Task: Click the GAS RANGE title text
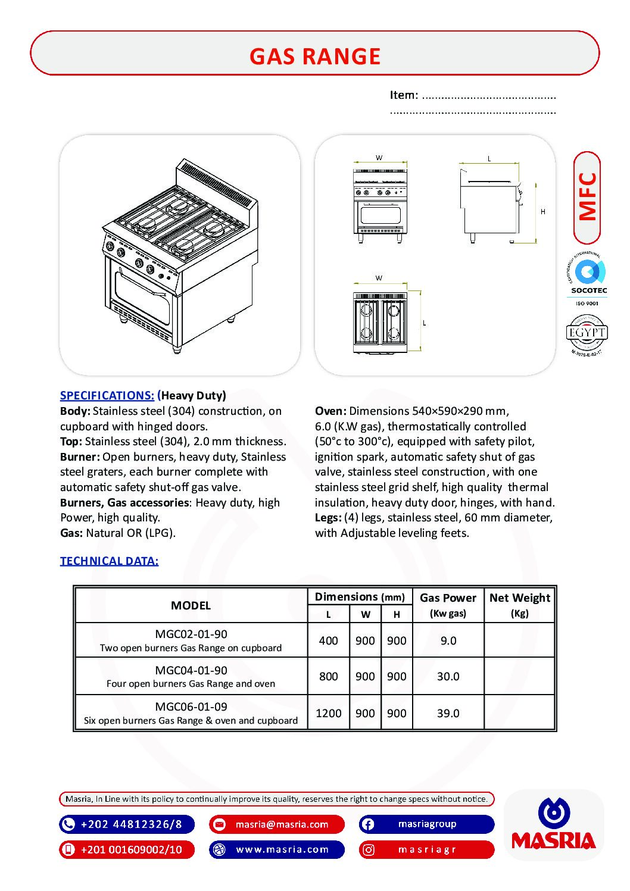[x=314, y=56]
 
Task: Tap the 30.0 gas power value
[x=448, y=677]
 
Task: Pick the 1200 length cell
[x=328, y=713]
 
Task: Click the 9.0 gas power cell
[x=448, y=641]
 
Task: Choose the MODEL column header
[x=191, y=605]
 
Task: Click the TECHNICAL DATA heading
[x=109, y=561]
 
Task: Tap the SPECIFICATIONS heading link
[x=107, y=395]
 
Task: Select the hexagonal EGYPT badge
[x=587, y=333]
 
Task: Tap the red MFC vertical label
[x=587, y=197]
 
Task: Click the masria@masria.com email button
[x=277, y=824]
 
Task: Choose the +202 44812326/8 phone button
[x=127, y=824]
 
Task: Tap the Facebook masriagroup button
[x=426, y=824]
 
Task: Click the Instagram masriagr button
[x=426, y=850]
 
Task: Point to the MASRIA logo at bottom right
[x=553, y=824]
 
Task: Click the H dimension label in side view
[x=542, y=211]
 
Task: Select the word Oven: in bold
[x=330, y=411]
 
